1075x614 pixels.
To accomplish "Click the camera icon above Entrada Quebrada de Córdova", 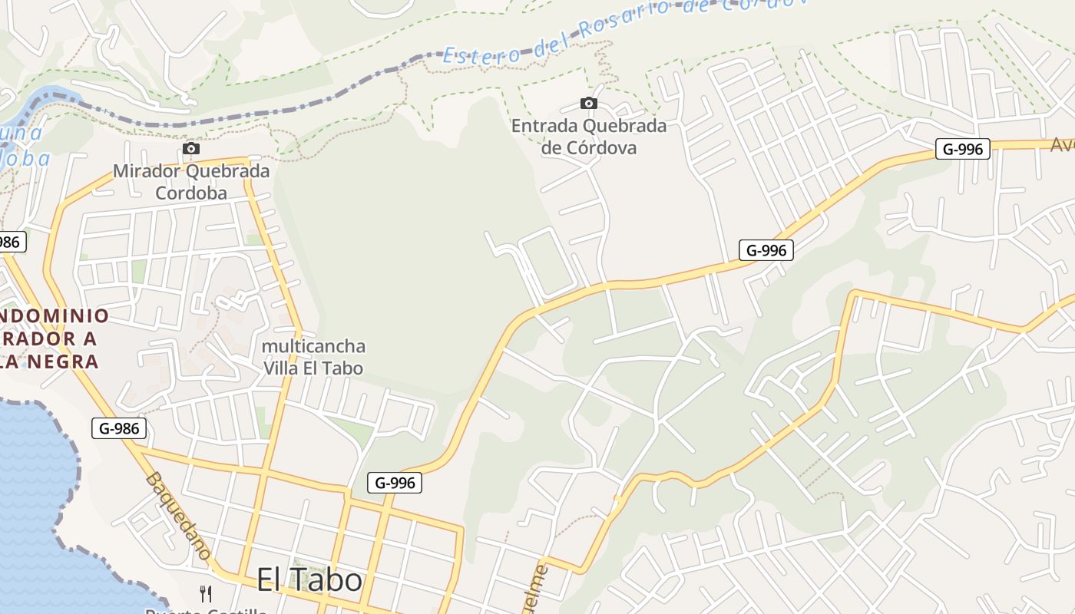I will pos(589,103).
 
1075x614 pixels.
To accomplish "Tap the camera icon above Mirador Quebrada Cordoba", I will pos(191,148).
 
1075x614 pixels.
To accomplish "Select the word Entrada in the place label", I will pos(544,125).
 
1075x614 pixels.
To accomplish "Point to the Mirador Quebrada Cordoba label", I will pos(191,181).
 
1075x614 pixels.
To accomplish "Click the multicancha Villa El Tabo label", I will pos(313,357).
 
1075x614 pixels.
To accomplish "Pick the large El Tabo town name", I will pos(309,579).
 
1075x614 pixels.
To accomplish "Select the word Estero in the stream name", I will pos(481,54).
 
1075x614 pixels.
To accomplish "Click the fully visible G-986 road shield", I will pos(119,428).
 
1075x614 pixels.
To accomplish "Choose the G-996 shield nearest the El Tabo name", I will pos(395,482).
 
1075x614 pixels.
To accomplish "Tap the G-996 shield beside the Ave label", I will pos(962,149).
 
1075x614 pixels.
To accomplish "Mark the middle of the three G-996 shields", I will pos(766,249).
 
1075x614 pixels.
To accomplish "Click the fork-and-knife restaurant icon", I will pos(205,593).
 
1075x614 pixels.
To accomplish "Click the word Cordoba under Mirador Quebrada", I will pos(191,192).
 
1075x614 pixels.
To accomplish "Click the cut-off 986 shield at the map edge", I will pos(11,242).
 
